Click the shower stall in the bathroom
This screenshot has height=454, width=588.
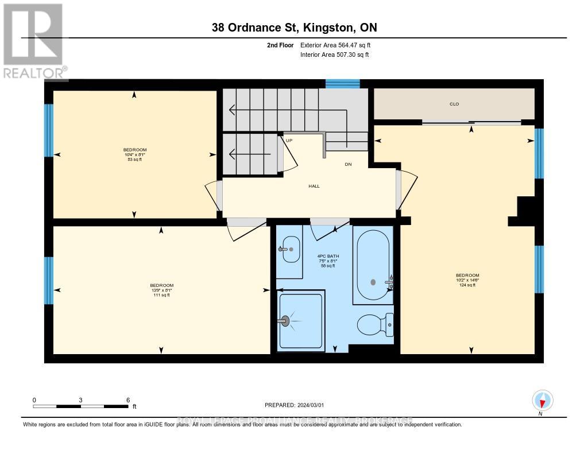[x=301, y=320]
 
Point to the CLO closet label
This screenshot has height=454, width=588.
[x=454, y=104]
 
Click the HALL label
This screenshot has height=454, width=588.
[x=314, y=186]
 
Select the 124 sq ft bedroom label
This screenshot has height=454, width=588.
[x=467, y=280]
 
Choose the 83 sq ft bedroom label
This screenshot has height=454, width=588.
[x=135, y=154]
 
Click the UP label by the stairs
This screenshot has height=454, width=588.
[x=289, y=140]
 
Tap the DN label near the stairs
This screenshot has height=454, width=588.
[x=348, y=164]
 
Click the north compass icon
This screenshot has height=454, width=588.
[x=542, y=400]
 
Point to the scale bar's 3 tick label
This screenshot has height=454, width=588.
[x=81, y=400]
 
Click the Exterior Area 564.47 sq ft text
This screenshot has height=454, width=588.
[x=339, y=45]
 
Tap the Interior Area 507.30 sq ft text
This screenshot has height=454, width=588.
[x=335, y=55]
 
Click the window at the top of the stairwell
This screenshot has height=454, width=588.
[x=342, y=84]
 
